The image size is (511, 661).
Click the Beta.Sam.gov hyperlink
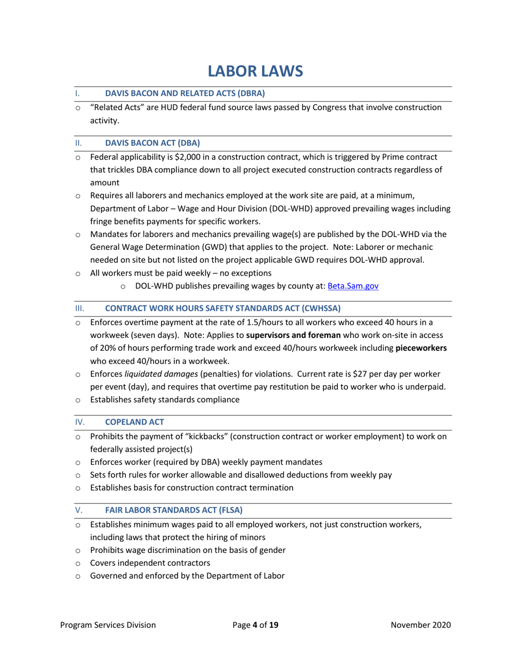(x=353, y=286)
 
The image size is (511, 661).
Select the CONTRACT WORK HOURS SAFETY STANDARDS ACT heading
(x=223, y=308)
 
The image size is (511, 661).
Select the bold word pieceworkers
(x=421, y=348)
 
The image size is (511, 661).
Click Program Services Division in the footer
(x=108, y=624)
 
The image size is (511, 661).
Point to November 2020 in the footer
(x=421, y=624)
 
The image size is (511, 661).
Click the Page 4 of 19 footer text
(x=256, y=624)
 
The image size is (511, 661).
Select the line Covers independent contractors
(x=150, y=563)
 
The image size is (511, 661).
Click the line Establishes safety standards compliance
(x=165, y=399)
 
